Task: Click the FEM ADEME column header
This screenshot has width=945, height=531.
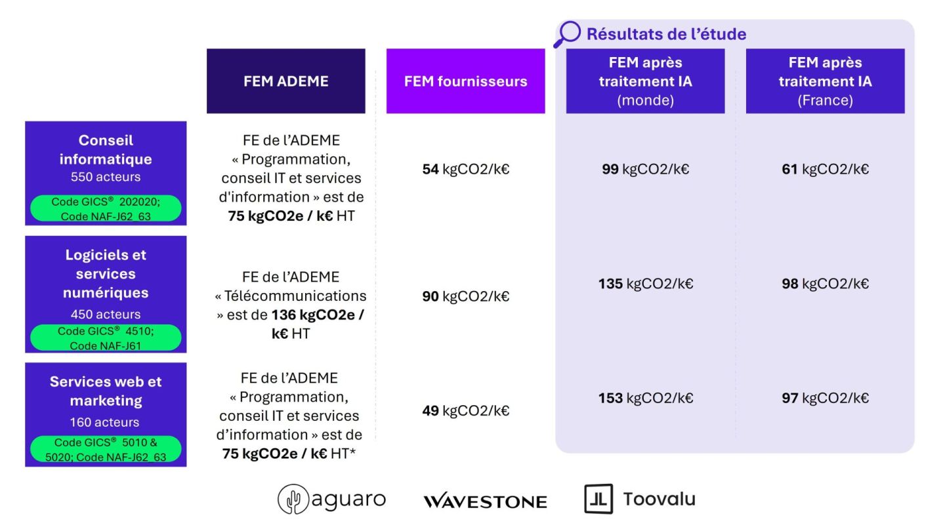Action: [x=285, y=81]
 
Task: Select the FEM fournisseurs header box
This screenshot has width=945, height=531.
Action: [x=466, y=81]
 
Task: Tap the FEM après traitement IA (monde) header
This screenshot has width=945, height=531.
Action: [x=646, y=81]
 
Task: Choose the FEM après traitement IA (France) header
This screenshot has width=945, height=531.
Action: [x=825, y=81]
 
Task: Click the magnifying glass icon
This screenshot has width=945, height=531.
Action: [x=568, y=34]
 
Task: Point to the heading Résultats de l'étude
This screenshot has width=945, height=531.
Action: [x=667, y=34]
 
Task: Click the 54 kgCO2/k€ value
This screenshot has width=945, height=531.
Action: [x=466, y=169]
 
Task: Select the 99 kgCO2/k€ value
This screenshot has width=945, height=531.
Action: [x=646, y=169]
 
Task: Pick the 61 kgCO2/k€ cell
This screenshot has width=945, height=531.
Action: [x=825, y=169]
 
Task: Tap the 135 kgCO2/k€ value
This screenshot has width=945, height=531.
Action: [x=646, y=284]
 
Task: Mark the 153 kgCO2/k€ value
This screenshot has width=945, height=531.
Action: [x=646, y=398]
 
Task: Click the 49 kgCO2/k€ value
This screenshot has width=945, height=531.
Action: [x=466, y=410]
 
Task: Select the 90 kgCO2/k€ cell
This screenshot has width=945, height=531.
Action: [x=466, y=296]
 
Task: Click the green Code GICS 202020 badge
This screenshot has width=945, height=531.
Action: [x=106, y=208]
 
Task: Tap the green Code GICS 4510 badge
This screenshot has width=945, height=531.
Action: [x=106, y=338]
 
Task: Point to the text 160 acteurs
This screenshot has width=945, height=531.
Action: [x=104, y=422]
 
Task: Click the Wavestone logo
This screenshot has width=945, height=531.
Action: [x=485, y=501]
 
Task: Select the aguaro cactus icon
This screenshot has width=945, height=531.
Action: [x=293, y=499]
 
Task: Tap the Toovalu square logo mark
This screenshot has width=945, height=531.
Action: [x=598, y=499]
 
